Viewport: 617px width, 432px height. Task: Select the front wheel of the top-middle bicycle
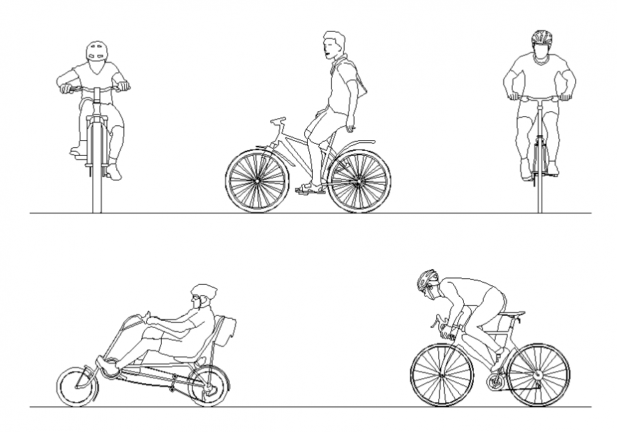coord(257,181)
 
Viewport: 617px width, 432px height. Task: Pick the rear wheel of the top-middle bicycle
coord(360,181)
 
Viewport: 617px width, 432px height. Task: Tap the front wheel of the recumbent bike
coord(77,387)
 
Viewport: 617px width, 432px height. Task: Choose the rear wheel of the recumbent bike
coord(209,385)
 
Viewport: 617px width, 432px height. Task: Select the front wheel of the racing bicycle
coord(442,375)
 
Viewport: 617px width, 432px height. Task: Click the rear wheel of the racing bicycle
coord(538,375)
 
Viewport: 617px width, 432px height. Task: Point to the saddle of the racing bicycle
coord(514,313)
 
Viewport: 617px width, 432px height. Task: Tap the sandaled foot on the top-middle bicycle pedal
coord(311,189)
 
